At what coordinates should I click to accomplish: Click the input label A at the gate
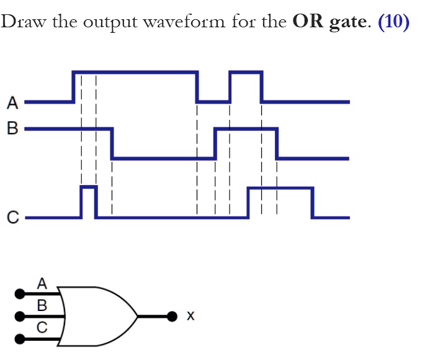(x=42, y=284)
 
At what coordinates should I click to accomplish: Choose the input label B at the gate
(x=42, y=305)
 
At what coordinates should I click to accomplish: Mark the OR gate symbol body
(x=99, y=317)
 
